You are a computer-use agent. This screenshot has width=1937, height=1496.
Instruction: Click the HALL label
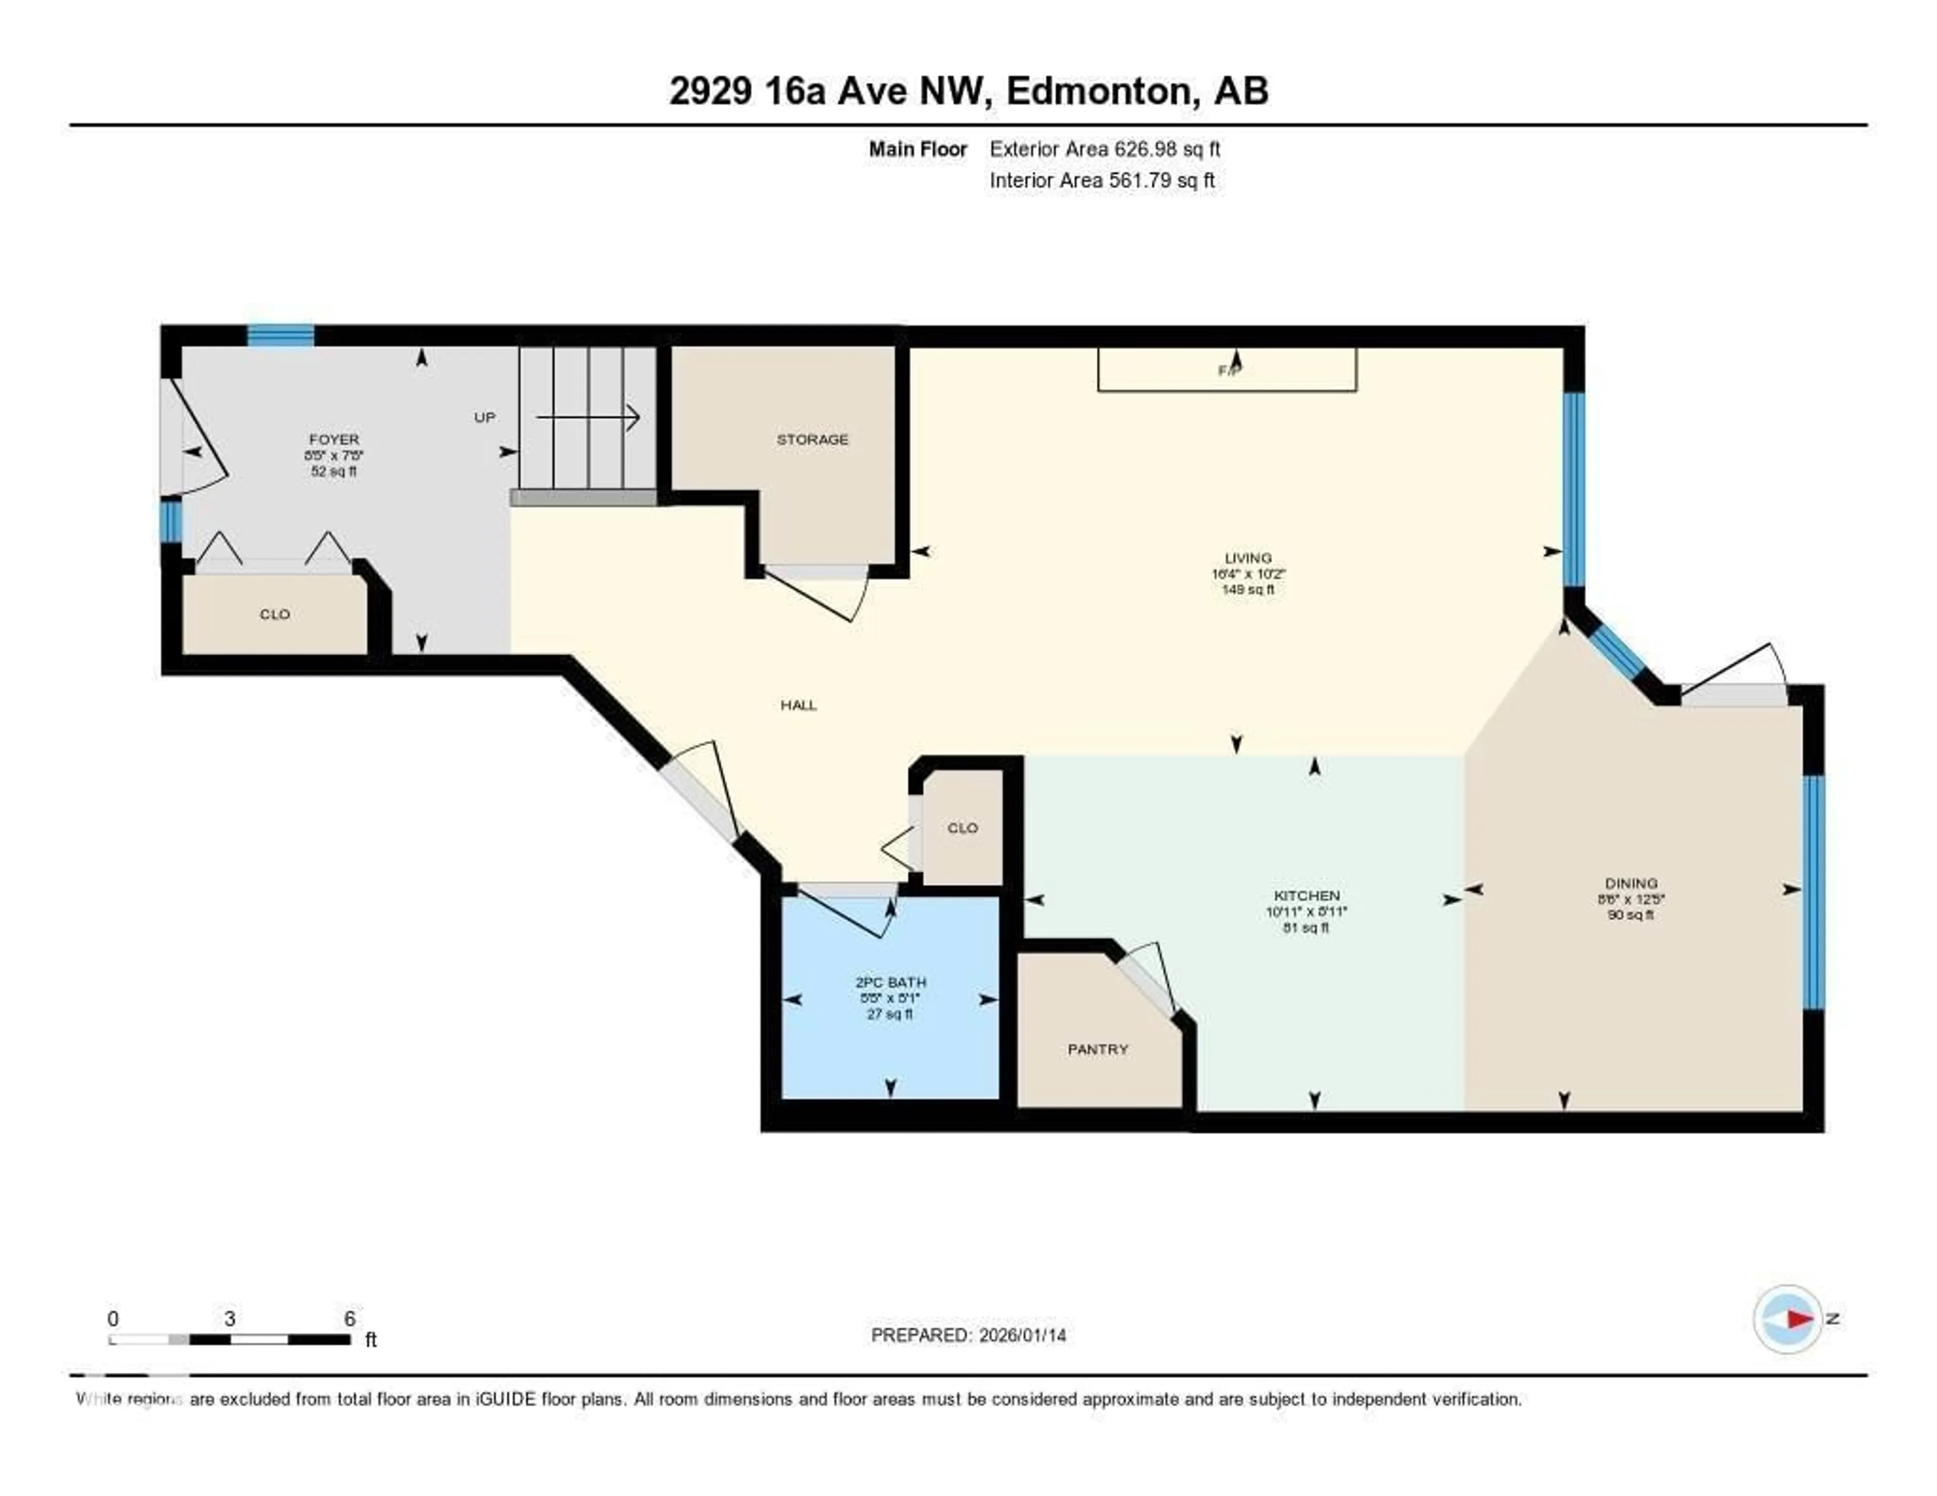[x=798, y=705]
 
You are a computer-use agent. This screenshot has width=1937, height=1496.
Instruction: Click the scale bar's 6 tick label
[x=350, y=1318]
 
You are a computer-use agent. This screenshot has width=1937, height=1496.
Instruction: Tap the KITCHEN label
[x=1306, y=896]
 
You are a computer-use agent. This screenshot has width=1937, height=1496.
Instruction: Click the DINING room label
[x=1631, y=883]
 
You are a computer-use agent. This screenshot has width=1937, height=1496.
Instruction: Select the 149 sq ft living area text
[x=1248, y=589]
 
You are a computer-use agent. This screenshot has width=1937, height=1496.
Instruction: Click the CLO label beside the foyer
[x=275, y=614]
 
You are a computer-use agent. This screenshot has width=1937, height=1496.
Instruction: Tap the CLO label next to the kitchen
[x=962, y=827]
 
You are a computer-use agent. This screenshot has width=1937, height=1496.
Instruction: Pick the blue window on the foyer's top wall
[x=280, y=335]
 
